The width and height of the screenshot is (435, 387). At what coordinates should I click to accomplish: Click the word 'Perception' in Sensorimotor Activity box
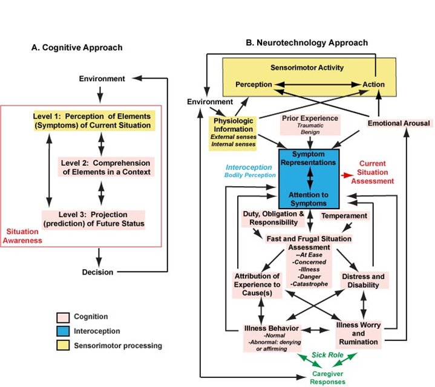coord(255,84)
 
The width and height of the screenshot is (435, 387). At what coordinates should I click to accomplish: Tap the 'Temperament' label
coord(344,215)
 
